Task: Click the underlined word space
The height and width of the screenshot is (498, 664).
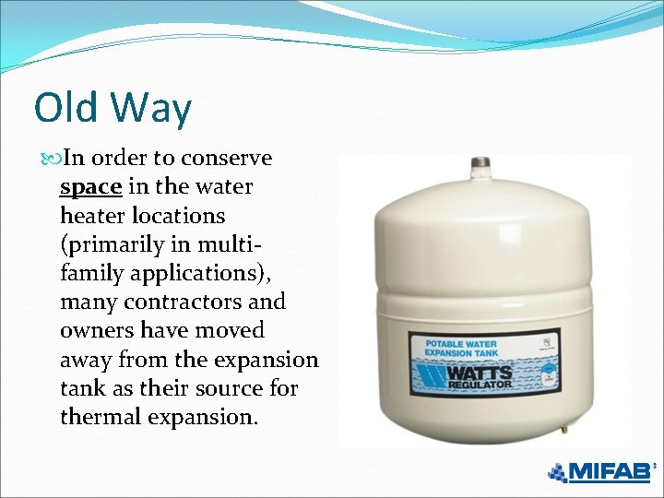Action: (90, 187)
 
